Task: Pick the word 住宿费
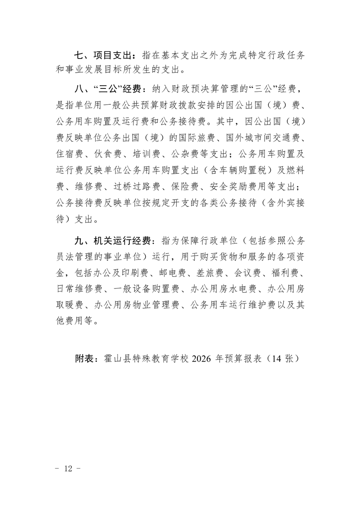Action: point(69,154)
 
